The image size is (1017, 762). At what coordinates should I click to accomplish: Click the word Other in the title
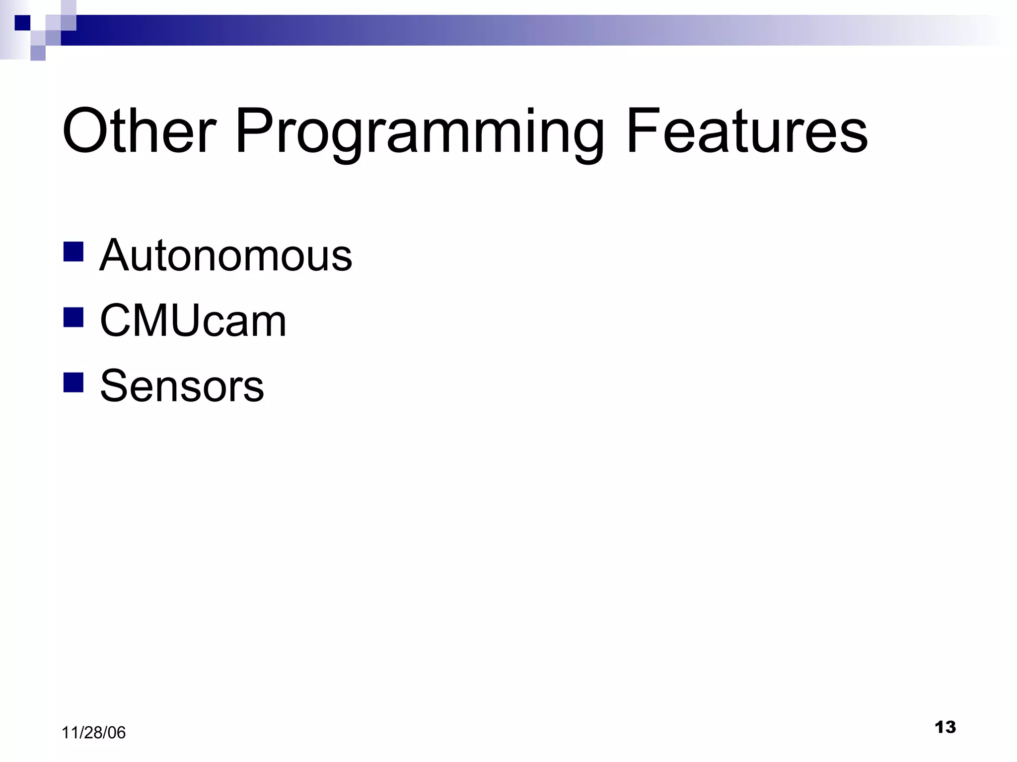pos(139,131)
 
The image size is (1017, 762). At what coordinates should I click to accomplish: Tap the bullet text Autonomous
pos(225,255)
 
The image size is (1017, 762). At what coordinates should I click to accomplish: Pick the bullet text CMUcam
pos(193,321)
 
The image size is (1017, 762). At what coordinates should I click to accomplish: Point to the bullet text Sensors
pos(182,386)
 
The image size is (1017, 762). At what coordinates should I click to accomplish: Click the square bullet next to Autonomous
pos(73,252)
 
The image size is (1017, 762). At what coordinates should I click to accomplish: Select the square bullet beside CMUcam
pos(73,317)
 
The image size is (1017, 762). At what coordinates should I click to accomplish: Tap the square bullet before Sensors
pos(73,382)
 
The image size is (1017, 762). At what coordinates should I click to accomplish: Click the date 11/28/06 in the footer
pos(93,733)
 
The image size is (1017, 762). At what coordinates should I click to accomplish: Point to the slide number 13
pos(945,727)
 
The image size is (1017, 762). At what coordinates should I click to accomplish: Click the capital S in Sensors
pos(114,386)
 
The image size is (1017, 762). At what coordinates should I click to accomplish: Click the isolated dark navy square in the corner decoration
pos(22,23)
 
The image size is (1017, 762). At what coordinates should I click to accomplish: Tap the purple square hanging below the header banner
pos(38,53)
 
